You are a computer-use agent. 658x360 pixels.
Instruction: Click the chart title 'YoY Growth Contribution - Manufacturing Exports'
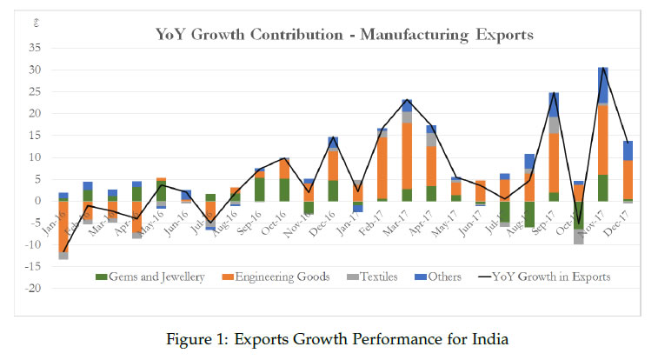(343, 36)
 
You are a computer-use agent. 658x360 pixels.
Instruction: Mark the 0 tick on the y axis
(37, 201)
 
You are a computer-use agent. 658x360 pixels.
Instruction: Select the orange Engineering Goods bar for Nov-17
(602, 139)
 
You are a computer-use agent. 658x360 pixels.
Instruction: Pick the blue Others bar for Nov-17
(602, 85)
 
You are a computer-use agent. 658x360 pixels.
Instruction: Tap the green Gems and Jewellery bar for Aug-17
(529, 214)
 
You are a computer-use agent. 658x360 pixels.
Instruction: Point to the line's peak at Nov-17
(602, 68)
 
